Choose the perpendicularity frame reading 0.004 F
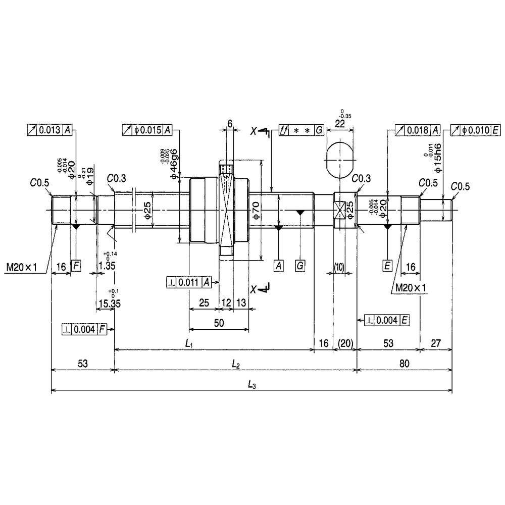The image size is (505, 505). pos(84,329)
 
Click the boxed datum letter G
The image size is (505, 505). pos(300,265)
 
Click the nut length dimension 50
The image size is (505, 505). pos(219,324)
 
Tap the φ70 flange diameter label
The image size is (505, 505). pos(256,210)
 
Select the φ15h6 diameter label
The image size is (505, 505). pos(438,159)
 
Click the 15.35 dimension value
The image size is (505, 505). pos(109,303)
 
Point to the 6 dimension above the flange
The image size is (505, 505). pos(230,124)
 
